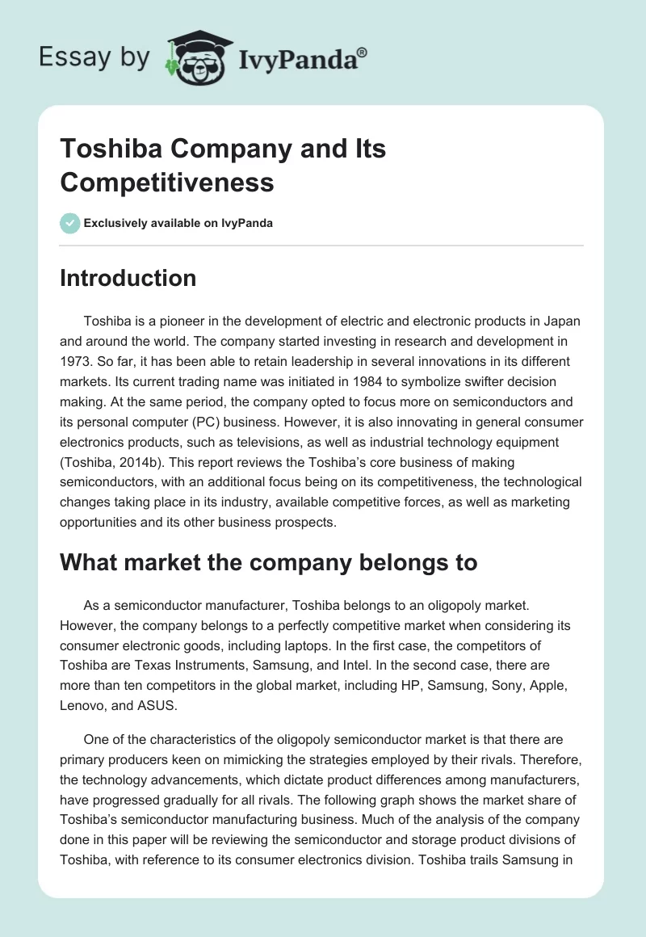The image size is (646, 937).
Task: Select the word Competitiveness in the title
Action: [167, 182]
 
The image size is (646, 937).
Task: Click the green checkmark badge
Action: [70, 223]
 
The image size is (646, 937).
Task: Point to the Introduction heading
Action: [128, 278]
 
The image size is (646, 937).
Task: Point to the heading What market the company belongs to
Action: [269, 562]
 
